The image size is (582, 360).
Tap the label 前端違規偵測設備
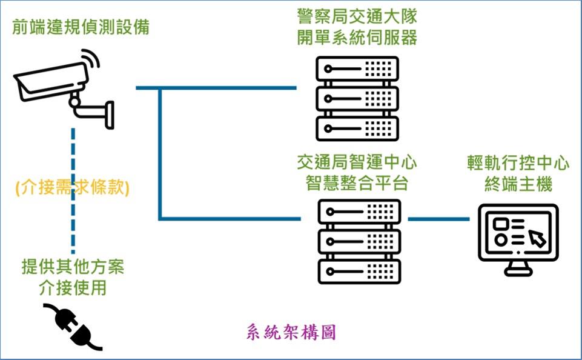tap(83, 28)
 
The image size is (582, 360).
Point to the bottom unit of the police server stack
tap(357, 128)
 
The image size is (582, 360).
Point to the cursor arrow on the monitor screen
tap(537, 238)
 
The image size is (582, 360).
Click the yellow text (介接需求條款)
tap(73, 188)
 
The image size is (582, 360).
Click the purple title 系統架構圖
tap(291, 333)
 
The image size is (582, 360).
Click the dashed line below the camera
tap(73, 152)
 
